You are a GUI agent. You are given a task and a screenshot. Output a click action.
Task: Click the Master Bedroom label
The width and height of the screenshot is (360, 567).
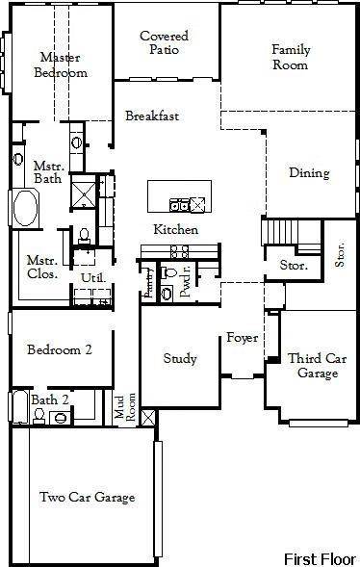60,64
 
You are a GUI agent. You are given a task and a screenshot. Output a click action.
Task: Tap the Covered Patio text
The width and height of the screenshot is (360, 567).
164,43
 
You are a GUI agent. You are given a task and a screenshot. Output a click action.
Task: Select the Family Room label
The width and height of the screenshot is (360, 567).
290,57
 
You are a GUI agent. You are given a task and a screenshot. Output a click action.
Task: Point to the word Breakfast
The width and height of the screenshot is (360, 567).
152,116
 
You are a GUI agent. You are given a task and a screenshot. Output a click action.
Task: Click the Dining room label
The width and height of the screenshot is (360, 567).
309,173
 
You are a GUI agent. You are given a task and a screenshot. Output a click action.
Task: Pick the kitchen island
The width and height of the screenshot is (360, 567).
177,196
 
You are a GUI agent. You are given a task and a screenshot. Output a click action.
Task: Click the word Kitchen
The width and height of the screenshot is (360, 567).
176,230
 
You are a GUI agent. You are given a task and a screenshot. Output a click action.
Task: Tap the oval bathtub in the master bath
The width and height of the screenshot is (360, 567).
24,207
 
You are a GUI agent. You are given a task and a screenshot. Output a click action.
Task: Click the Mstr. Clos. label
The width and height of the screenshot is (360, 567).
41,266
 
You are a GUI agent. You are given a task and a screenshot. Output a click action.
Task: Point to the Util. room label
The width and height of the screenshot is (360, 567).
92,277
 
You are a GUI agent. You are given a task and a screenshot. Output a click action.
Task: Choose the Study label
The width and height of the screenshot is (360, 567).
179,359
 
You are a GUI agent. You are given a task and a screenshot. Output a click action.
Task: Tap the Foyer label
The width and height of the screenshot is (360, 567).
242,338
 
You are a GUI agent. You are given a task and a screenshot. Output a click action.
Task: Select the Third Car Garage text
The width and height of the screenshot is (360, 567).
316,366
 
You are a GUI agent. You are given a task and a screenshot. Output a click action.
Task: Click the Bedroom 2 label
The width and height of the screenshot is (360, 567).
60,349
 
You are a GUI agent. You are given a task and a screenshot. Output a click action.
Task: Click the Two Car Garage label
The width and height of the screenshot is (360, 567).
87,497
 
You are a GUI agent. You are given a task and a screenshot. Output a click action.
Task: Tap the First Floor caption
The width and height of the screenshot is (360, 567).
319,558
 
